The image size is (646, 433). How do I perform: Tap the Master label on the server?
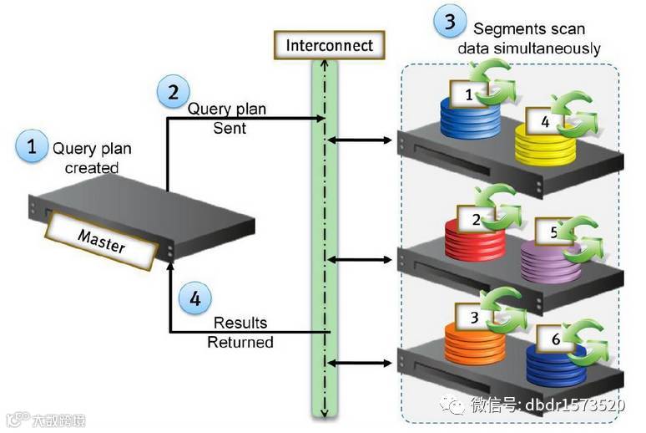pyautogui.click(x=102, y=239)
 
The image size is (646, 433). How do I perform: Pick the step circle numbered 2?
pyautogui.click(x=173, y=92)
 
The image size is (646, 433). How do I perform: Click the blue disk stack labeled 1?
pyautogui.click(x=470, y=117)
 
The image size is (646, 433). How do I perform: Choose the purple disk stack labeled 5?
pyautogui.click(x=549, y=259)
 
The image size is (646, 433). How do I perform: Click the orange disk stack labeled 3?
pyautogui.click(x=474, y=339)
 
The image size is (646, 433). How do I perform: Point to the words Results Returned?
pyautogui.click(x=240, y=332)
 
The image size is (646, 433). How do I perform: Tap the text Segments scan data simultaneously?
pyautogui.click(x=528, y=39)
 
